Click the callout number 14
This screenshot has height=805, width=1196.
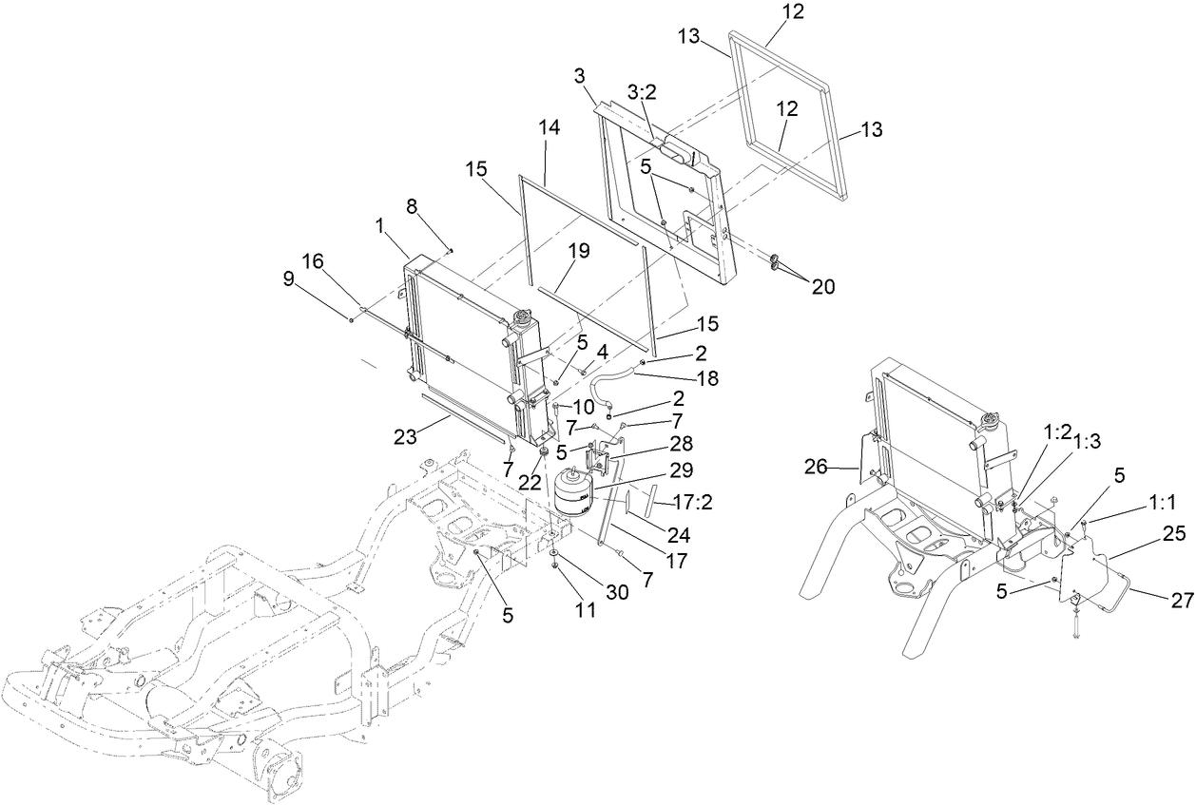pos(549,151)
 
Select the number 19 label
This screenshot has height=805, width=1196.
pos(579,251)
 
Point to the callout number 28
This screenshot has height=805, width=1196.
pos(681,444)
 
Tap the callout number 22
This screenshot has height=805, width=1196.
pos(530,482)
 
